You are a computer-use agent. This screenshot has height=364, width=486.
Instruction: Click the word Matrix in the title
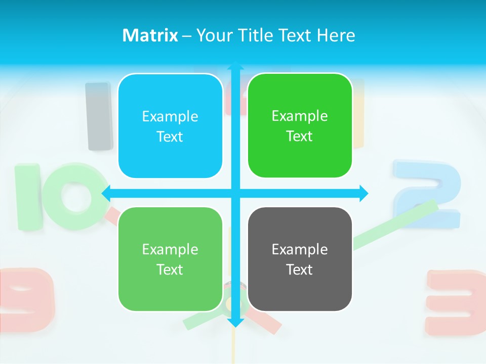click(150, 35)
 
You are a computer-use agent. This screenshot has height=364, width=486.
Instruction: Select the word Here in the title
click(336, 35)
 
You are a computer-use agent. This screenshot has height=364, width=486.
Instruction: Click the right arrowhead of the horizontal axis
click(363, 193)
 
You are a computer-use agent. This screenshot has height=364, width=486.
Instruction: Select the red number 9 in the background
click(28, 298)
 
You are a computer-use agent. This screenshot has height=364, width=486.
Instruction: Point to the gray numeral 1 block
click(99, 116)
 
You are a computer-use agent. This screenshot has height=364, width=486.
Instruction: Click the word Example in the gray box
click(300, 249)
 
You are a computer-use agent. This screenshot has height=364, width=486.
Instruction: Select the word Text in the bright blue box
click(170, 136)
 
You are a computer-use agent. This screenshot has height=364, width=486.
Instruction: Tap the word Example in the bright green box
click(300, 116)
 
